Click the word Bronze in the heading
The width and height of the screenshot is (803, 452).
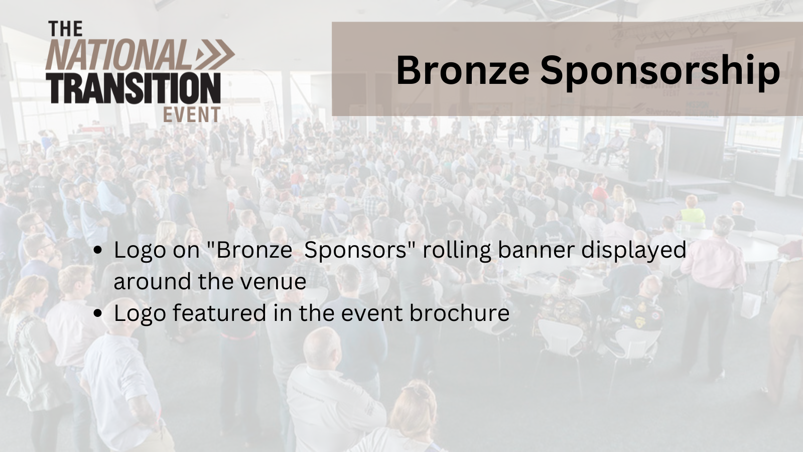pos(462,70)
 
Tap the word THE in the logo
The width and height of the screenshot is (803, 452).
pos(65,29)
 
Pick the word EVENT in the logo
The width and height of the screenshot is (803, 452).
pos(192,115)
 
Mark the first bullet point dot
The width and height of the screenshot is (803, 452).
pos(99,251)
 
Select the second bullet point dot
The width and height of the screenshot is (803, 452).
pos(99,314)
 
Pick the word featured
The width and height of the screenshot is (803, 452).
pos(219,313)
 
